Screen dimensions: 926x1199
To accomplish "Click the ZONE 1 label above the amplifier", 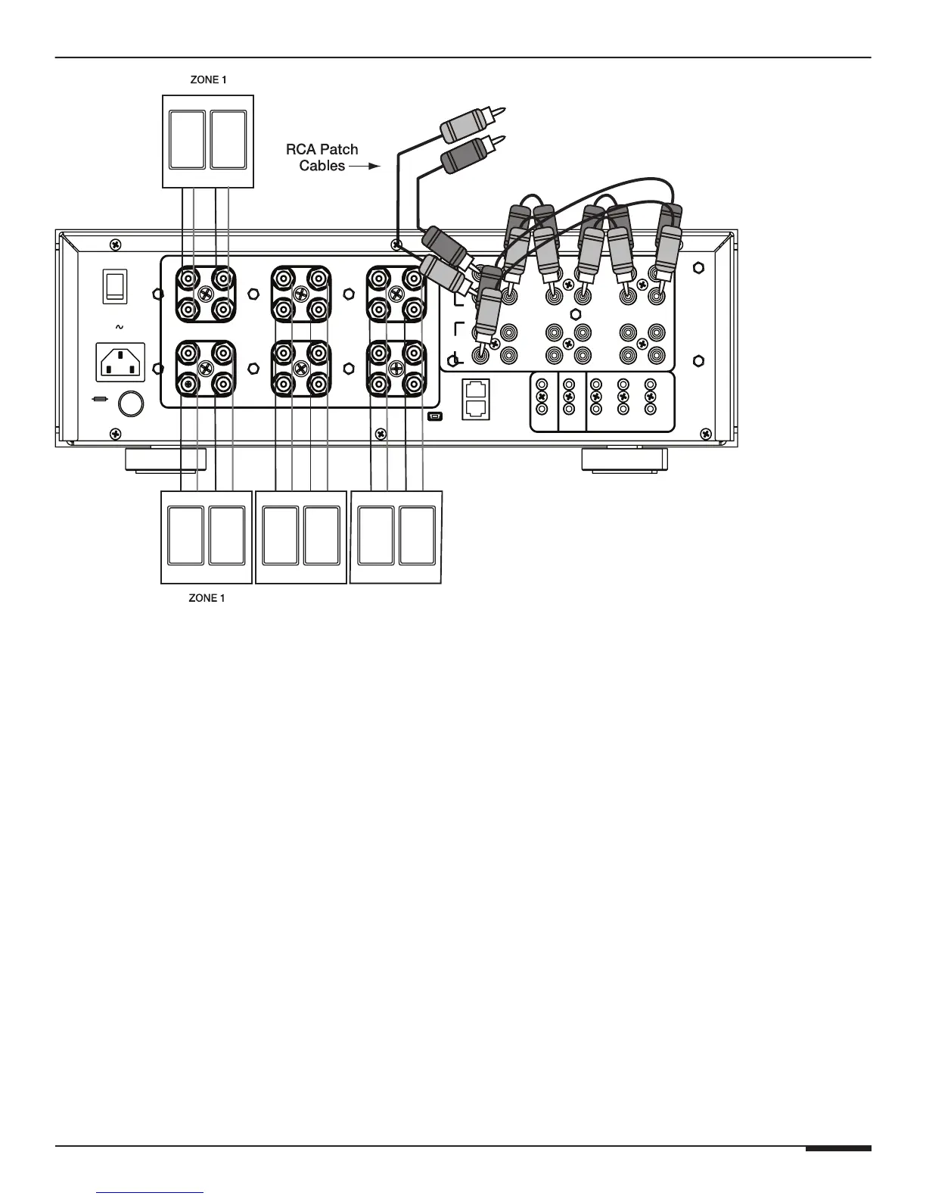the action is (207, 79).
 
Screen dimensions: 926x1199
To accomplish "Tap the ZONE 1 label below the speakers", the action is (207, 598).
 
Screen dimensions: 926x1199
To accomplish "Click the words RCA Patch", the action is (322, 149).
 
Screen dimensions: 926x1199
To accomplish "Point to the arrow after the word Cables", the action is (364, 166).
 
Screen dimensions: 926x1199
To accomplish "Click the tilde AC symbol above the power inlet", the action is (118, 327).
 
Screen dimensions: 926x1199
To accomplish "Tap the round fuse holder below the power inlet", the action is (131, 403).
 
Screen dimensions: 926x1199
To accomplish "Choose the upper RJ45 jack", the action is (476, 390).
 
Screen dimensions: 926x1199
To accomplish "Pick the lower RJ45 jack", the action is (476, 409).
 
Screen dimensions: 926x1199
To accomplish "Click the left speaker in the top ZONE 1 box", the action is (187, 140).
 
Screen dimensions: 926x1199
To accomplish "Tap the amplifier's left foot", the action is (165, 460).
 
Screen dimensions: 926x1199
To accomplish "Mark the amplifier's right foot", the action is (624, 460).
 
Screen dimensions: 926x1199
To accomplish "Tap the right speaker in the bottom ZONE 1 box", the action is (227, 536).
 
